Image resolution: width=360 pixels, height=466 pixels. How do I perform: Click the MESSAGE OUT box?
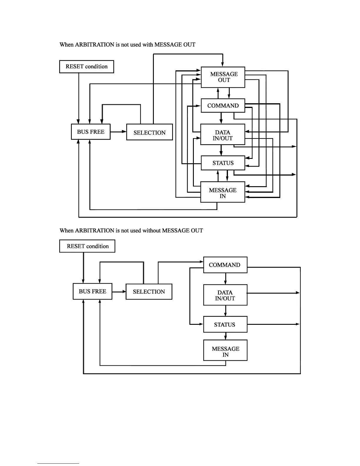tap(223, 77)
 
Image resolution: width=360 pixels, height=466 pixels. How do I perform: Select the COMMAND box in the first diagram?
tap(223, 106)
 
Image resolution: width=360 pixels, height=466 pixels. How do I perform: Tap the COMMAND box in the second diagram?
tap(225, 265)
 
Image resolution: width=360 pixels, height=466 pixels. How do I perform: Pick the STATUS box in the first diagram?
tap(223, 163)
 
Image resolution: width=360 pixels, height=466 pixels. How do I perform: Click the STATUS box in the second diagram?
tap(225, 324)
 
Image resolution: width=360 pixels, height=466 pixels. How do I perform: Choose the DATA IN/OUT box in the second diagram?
tap(225, 295)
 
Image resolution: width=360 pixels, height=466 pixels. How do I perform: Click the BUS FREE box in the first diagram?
tap(91, 132)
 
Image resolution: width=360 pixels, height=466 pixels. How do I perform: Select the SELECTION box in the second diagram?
tap(149, 292)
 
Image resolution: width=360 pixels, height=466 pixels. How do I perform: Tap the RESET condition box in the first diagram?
tap(86, 66)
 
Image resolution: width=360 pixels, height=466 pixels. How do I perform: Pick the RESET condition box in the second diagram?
tap(87, 246)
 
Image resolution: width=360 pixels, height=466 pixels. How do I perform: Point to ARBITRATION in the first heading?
tap(94, 45)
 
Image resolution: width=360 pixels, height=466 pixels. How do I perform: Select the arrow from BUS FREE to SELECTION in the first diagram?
tap(118, 132)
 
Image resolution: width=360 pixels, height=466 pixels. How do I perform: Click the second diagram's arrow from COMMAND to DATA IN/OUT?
tap(226, 279)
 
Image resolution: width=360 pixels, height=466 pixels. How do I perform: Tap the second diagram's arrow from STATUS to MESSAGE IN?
tap(226, 336)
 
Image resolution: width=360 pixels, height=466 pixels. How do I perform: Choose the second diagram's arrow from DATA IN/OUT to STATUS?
tap(226, 311)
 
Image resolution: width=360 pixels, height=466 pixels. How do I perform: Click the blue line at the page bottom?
tap(58, 463)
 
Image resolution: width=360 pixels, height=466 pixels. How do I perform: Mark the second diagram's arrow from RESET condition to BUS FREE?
tap(84, 268)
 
